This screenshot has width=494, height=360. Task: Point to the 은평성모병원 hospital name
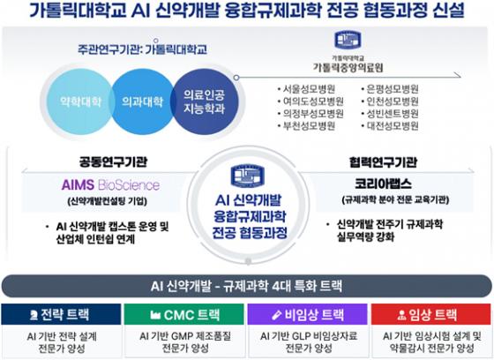pyautogui.click(x=391, y=88)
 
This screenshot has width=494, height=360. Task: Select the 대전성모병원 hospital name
pyautogui.click(x=391, y=125)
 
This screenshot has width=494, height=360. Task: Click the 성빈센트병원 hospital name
pyautogui.click(x=391, y=113)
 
